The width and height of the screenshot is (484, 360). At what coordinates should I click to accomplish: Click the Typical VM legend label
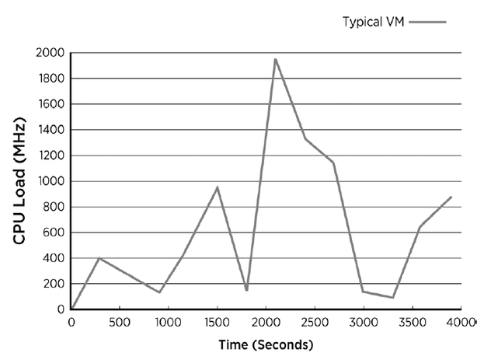pyautogui.click(x=372, y=22)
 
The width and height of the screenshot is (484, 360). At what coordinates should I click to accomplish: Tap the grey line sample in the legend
pyautogui.click(x=427, y=22)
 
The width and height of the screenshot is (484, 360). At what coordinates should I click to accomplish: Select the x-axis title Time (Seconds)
pyautogui.click(x=266, y=343)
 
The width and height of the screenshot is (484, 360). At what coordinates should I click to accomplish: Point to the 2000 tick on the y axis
pyautogui.click(x=50, y=53)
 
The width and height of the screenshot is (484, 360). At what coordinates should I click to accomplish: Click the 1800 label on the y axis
pyautogui.click(x=50, y=79)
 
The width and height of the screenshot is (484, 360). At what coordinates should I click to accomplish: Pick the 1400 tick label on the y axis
pyautogui.click(x=50, y=130)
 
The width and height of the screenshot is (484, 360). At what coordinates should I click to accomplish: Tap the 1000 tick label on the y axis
pyautogui.click(x=50, y=181)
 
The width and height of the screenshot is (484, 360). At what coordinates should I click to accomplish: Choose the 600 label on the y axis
pyautogui.click(x=54, y=232)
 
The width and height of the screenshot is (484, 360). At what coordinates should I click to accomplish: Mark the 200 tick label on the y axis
pyautogui.click(x=54, y=284)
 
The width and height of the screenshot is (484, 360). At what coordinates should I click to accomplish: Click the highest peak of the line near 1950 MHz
pyautogui.click(x=275, y=59)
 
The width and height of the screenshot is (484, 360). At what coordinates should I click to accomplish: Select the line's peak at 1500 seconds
pyautogui.click(x=218, y=187)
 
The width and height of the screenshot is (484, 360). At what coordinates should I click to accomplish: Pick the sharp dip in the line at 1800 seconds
pyautogui.click(x=246, y=290)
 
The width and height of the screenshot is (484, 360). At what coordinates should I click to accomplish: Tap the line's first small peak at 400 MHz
pyautogui.click(x=99, y=257)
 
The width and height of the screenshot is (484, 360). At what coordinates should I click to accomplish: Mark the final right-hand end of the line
pyautogui.click(x=451, y=197)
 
